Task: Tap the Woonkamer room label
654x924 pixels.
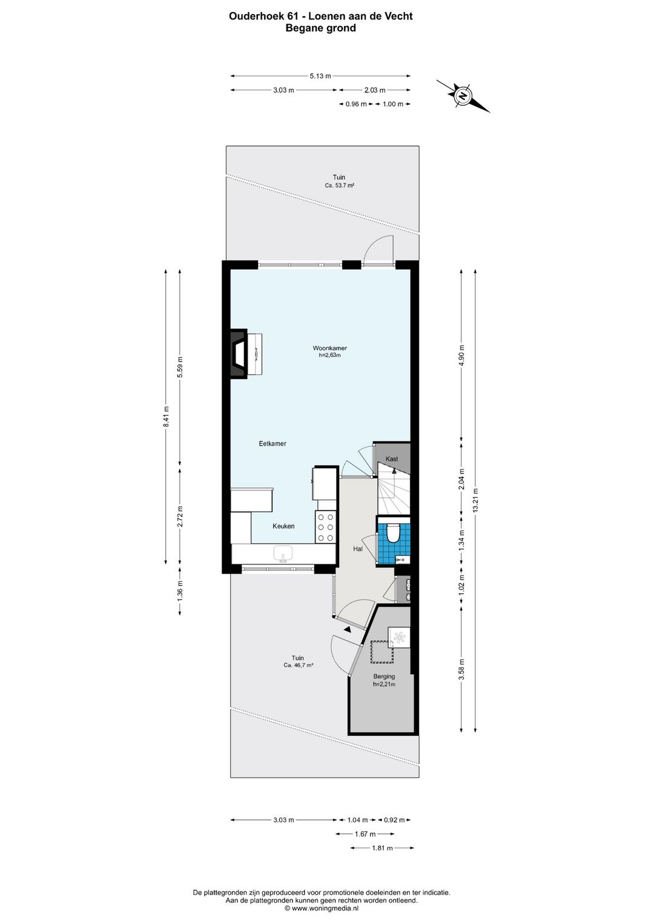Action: (329, 348)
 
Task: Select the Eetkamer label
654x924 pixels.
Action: (272, 443)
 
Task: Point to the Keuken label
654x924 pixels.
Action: (283, 526)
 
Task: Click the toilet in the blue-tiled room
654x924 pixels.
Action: (393, 532)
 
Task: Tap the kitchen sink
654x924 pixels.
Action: (283, 553)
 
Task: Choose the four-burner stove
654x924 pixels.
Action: (325, 527)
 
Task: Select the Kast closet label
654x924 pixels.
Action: (392, 459)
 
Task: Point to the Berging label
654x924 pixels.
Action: (384, 676)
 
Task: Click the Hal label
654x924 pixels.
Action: (358, 549)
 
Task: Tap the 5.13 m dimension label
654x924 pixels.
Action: (320, 76)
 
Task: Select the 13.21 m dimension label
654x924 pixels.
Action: (475, 501)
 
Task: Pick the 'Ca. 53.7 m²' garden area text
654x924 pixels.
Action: (339, 186)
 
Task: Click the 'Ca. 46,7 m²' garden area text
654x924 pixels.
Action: (297, 665)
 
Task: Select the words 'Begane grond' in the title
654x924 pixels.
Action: (320, 28)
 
